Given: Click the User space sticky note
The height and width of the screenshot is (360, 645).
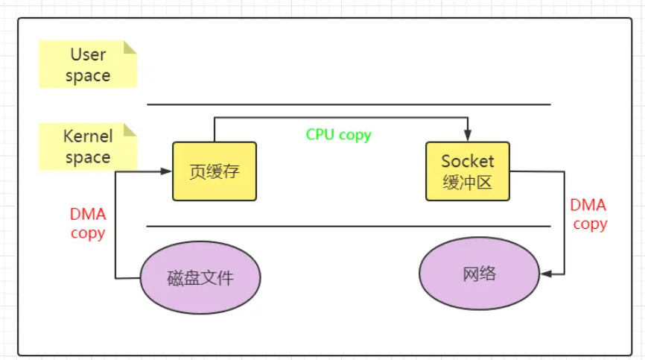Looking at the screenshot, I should point(88,65).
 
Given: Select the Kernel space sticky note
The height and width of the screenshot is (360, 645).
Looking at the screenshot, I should point(88,146).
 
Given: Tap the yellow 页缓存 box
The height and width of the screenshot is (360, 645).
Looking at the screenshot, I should point(215,171).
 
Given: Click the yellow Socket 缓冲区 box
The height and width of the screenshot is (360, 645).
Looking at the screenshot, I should point(468,171).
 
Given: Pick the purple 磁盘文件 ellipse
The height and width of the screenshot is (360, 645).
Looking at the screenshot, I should point(200,279).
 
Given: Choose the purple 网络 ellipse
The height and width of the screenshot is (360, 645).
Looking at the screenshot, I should point(478,274).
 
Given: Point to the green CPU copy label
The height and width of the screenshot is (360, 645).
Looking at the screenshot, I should point(338,135).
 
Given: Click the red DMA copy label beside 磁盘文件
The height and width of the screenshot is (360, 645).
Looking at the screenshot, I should point(88,223).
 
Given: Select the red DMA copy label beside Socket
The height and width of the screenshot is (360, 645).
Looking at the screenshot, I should point(589,214).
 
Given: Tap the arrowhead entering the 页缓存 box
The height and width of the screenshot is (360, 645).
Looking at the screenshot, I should point(168,171).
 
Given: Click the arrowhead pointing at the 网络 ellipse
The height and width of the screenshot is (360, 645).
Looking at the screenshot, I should point(546,274).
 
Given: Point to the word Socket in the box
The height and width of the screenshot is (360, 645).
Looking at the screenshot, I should point(468,161).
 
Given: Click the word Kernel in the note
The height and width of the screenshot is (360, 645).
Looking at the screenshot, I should point(88,136).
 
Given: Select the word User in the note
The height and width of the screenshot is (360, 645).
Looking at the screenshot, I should point(88,54).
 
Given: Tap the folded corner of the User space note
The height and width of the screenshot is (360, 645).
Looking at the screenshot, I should point(130,47).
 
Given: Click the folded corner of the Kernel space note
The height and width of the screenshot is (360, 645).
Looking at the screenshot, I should point(130,129).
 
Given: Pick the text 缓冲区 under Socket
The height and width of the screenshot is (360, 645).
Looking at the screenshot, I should point(468,182).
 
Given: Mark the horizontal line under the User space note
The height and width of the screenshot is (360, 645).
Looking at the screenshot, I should point(349,104).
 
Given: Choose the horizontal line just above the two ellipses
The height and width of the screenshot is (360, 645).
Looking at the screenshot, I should point(349,226).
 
